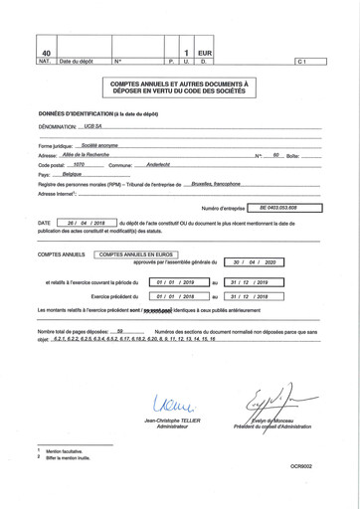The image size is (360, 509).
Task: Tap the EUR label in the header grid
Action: click(206, 52)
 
